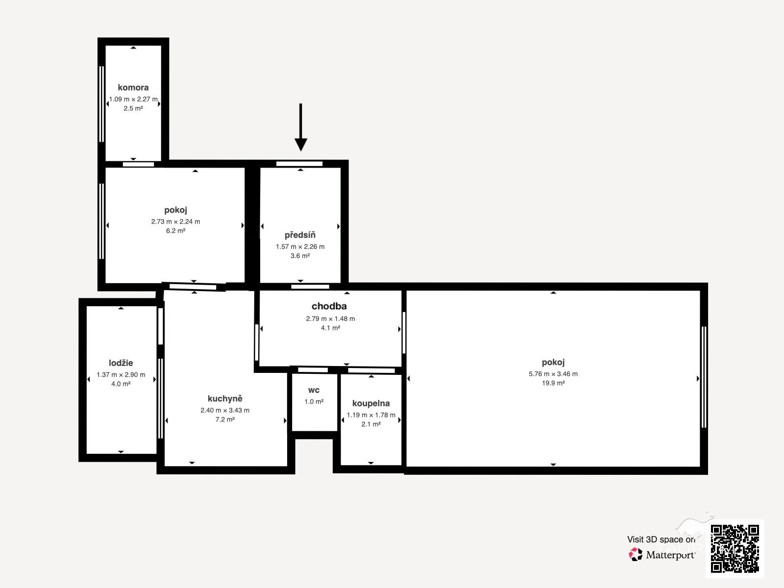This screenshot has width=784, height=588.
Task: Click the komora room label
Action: pos(133,88)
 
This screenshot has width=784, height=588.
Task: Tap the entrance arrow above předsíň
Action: pos(301,127)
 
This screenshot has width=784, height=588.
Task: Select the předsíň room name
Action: pos(300,235)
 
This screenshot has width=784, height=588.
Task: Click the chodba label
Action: pos(329,306)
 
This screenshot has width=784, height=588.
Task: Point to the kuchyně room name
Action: pos(225,398)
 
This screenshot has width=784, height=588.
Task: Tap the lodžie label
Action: pos(121,363)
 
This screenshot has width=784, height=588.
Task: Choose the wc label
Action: pos(314,390)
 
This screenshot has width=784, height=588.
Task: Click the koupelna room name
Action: pos(371,403)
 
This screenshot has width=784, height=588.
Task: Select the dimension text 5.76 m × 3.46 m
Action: pos(553,374)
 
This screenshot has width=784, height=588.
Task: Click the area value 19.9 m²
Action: pos(553,383)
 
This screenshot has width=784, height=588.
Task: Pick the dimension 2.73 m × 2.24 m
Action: pos(175,221)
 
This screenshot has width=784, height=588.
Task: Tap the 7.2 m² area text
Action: pos(225,419)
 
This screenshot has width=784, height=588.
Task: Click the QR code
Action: pos(735,548)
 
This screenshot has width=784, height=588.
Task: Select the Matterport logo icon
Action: pos(636,555)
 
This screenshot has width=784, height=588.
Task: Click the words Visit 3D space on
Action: pos(661,539)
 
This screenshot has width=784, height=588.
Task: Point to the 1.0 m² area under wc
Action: pos(314,402)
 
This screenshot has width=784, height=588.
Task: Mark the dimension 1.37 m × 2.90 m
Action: pos(121,374)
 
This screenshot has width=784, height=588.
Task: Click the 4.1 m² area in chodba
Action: pos(330,328)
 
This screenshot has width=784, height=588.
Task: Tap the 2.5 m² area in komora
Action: pos(133,108)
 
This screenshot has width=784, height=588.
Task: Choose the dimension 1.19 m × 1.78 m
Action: pos(371,415)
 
